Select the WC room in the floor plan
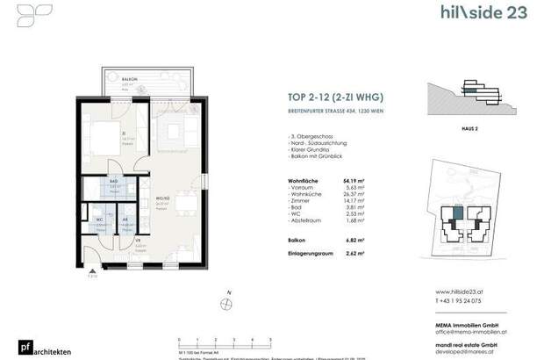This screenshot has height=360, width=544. (x=99, y=221)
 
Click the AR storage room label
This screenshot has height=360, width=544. (x=125, y=220)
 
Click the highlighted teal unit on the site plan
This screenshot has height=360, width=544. (x=457, y=214)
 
